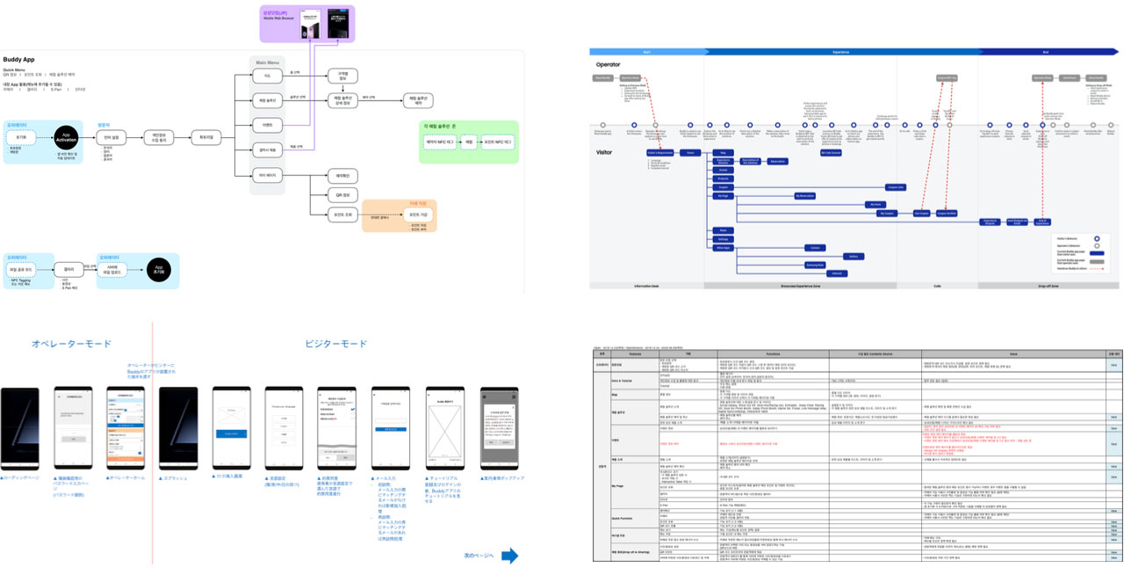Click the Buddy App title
click(x=20, y=58)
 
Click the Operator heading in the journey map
click(x=609, y=64)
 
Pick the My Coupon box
click(x=888, y=213)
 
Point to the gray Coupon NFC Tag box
click(x=946, y=78)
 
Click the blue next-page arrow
click(x=508, y=555)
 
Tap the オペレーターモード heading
click(x=71, y=344)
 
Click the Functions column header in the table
click(x=773, y=353)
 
